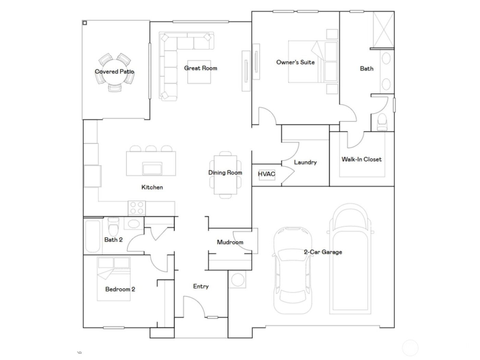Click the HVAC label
[x=266, y=174]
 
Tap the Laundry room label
[x=305, y=162]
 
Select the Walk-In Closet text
[x=361, y=159]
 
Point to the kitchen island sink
[x=153, y=169]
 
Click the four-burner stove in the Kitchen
[x=136, y=208]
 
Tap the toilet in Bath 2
[x=112, y=226]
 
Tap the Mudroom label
[x=230, y=242]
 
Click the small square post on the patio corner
[x=85, y=23]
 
